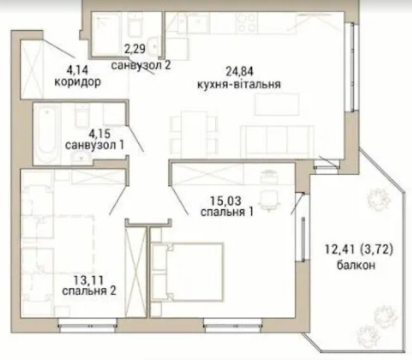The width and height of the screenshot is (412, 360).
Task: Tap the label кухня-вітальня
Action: [x=239, y=84]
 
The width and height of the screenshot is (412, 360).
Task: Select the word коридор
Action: [x=78, y=82]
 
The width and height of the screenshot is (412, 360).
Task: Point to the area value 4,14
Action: [x=77, y=70]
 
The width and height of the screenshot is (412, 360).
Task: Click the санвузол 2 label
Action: [x=141, y=65]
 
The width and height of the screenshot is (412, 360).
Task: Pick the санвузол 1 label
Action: [x=95, y=145]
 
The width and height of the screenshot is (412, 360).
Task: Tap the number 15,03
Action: [x=226, y=201]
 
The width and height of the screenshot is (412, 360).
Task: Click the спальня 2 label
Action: [x=89, y=291]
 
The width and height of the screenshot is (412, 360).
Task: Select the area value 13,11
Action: [x=89, y=280]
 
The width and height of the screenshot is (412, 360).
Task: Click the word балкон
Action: [x=356, y=265]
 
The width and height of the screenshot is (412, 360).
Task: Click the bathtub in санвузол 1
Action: [x=47, y=133]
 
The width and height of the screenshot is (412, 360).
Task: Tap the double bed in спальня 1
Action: [x=188, y=272]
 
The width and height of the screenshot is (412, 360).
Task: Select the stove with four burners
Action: [x=246, y=23]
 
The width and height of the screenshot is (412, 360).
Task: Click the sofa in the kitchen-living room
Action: [x=277, y=140]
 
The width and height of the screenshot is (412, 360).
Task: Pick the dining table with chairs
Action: [x=194, y=133]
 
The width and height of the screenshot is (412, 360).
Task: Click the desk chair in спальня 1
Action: [x=268, y=201]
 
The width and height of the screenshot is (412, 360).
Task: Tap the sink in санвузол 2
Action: [x=154, y=47]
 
